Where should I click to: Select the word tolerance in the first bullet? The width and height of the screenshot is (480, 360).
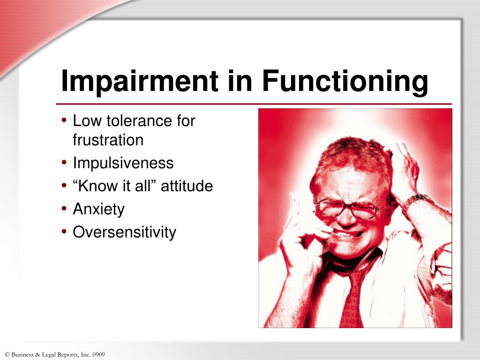click(x=140, y=121)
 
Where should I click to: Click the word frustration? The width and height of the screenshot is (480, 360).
click(x=108, y=140)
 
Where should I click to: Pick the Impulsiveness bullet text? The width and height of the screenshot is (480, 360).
click(x=123, y=163)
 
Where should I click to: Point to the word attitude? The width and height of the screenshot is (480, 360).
click(x=187, y=186)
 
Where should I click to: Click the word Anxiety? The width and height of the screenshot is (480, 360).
click(x=99, y=209)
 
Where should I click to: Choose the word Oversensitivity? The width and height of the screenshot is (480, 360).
click(x=125, y=232)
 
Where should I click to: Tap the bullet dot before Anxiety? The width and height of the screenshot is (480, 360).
click(x=64, y=209)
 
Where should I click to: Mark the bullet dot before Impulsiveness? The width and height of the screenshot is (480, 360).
click(x=64, y=163)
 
